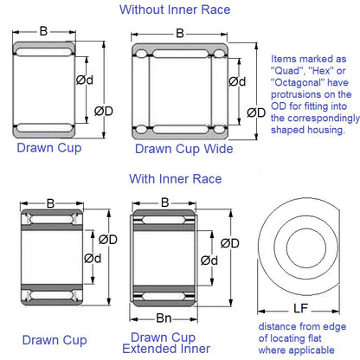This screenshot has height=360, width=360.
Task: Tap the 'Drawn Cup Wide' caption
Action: coord(183,149)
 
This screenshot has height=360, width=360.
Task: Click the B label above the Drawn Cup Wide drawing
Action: coord(179,34)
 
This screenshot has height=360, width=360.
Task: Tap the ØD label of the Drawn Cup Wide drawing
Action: coord(256,112)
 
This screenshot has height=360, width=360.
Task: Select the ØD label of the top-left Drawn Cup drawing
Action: coord(104,110)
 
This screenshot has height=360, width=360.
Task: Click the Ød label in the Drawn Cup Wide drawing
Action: coord(235,82)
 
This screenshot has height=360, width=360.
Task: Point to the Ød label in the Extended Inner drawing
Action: coord(209,260)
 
